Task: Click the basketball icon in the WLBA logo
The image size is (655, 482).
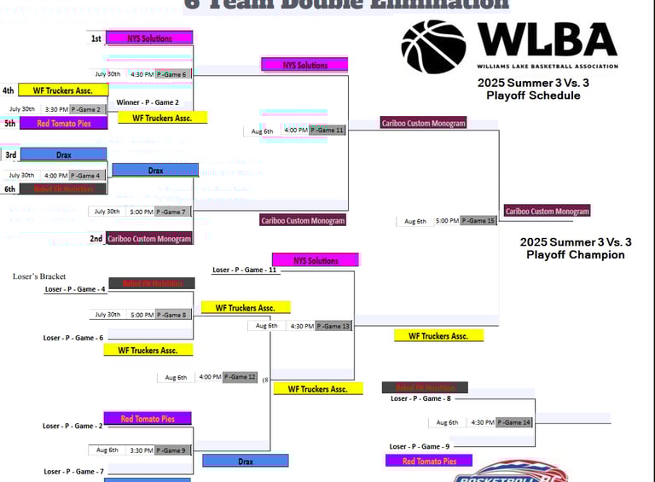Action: pos(433,47)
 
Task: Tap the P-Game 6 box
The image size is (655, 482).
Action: pos(173,74)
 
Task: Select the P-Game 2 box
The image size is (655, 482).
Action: pos(88,109)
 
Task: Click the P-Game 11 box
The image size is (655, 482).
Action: pos(327,131)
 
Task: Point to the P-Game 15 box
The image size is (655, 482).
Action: pos(478,221)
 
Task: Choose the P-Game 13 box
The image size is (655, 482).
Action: pos(333,326)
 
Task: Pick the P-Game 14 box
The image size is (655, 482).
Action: pos(514,422)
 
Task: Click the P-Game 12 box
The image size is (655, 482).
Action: pos(240,377)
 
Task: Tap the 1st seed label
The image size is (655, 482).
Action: pos(96,38)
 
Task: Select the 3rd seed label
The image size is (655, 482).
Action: pos(11,155)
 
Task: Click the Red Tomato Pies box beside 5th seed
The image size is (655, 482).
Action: pos(64,124)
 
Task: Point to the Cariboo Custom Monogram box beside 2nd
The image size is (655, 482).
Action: pos(149,239)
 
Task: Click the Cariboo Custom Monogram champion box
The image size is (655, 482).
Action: pos(547,211)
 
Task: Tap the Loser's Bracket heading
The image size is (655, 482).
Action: pos(39,276)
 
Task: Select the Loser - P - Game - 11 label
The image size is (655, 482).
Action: pos(244,270)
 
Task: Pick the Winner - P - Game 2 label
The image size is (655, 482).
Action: pos(154,102)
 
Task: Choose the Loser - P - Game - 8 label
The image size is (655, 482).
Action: pos(420,398)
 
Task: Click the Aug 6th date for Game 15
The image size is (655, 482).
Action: pos(415,221)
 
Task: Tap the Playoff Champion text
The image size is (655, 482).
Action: pos(575,254)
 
